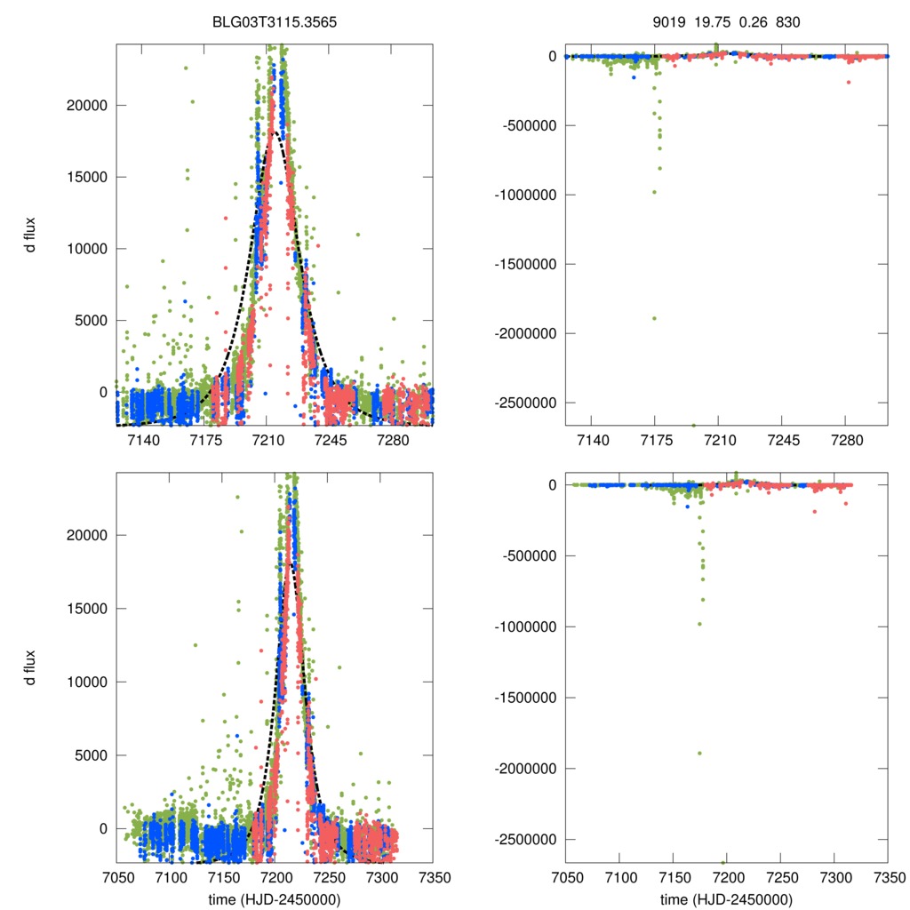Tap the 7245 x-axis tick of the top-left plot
330,440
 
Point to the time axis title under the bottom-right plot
726,898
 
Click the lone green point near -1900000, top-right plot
654,318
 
